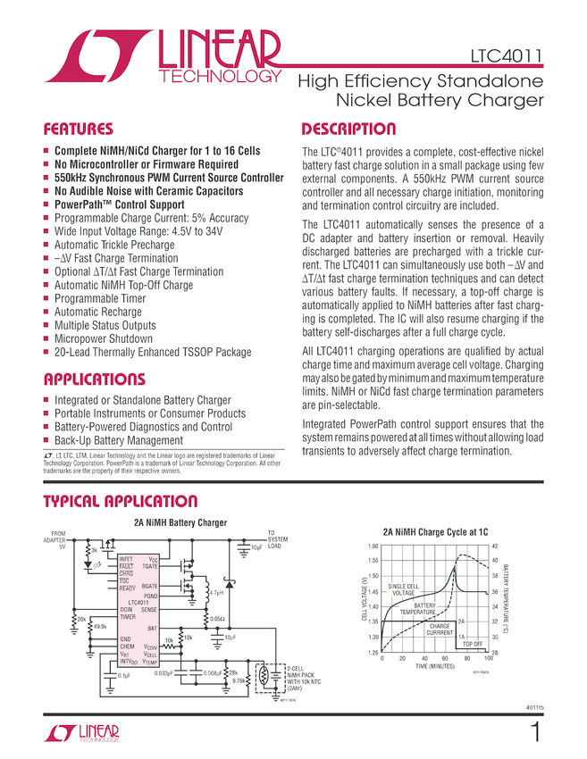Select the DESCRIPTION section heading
(x=348, y=129)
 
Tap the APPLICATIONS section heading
(x=95, y=379)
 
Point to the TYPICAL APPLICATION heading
(x=120, y=502)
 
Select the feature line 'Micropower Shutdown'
(x=104, y=339)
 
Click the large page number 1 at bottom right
(x=533, y=733)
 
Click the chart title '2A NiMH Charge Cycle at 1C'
(x=435, y=532)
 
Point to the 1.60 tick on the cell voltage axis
(x=373, y=546)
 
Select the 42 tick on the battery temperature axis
(x=495, y=546)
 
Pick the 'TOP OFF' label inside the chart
(x=472, y=644)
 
